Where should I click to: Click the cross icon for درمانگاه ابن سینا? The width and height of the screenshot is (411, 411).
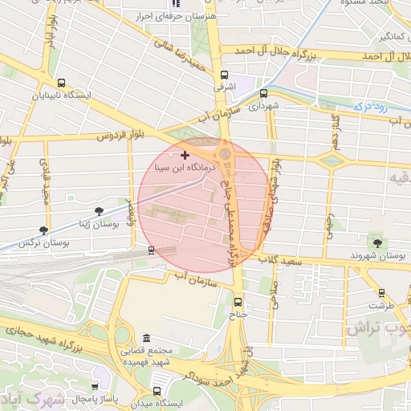click(x=185, y=154)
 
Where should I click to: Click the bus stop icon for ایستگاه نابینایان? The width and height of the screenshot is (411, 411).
click(x=62, y=83)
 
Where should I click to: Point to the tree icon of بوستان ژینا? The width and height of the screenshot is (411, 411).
click(x=99, y=212)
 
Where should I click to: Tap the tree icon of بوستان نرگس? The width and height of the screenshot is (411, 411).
click(x=43, y=230)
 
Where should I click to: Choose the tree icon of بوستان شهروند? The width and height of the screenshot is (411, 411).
click(x=376, y=242)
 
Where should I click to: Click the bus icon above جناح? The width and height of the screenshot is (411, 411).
click(x=238, y=302)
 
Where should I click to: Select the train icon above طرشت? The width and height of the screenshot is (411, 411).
click(x=380, y=293)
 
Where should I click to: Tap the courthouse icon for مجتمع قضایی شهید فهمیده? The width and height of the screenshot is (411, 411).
click(x=145, y=339)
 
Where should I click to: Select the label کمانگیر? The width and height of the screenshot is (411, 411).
click(x=385, y=36)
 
